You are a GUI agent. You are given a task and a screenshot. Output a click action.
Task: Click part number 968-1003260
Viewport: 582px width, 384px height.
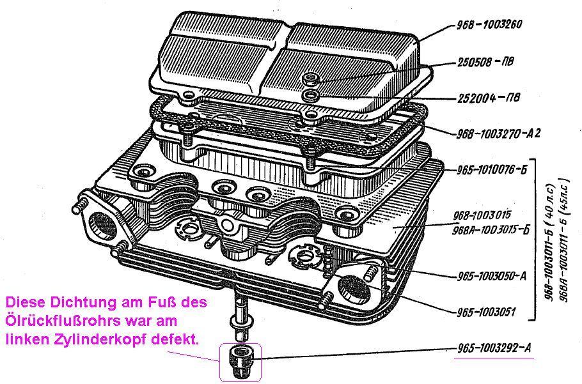(489, 25)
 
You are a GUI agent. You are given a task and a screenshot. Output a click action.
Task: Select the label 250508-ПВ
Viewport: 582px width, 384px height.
(485, 61)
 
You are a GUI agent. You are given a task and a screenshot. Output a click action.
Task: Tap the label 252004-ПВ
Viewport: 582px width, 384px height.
(489, 98)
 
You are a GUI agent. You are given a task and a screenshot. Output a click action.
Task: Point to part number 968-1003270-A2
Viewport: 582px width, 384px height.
(498, 134)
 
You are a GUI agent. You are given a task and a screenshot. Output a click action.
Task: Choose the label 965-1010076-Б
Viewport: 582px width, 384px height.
(492, 170)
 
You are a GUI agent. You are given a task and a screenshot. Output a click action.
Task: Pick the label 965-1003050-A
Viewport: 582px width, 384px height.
(491, 276)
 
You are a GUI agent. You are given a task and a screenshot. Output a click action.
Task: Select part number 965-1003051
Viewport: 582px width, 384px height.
(486, 312)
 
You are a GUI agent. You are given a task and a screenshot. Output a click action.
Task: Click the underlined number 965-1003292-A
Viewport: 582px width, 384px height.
(494, 348)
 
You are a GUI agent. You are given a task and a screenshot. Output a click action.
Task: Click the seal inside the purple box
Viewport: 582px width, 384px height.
(240, 362)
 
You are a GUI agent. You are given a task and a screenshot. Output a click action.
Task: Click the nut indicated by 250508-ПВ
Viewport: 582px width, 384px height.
(309, 79)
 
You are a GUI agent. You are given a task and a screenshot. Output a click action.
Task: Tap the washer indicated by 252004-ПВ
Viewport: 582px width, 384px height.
(309, 95)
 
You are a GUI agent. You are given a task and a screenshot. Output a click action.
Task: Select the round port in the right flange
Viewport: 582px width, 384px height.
(354, 288)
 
